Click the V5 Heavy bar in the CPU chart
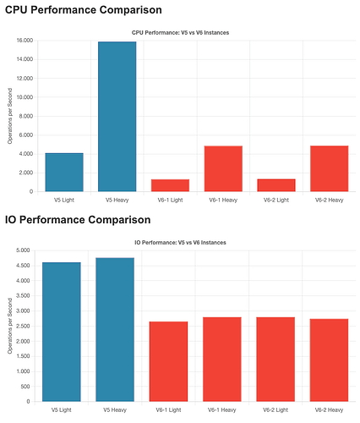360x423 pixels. click(x=116, y=116)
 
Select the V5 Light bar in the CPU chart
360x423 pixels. click(x=63, y=172)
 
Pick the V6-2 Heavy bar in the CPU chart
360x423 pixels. click(x=328, y=168)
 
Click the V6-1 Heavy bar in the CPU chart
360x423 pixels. click(x=222, y=168)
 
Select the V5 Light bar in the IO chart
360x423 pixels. click(x=63, y=332)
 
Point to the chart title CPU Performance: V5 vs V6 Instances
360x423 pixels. click(x=180, y=32)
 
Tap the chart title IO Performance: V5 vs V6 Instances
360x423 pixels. click(x=180, y=242)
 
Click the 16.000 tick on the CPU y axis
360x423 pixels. click(x=24, y=41)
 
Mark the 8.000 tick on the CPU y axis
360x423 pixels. click(x=25, y=116)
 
